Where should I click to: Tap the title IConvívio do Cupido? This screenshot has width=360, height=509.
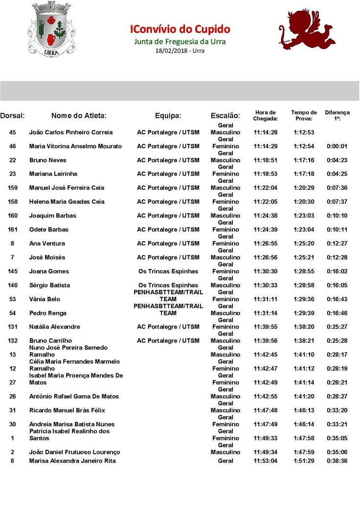coord(180,29)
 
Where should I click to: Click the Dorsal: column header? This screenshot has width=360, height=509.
coord(13,116)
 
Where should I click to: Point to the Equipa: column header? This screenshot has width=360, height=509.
coord(168,116)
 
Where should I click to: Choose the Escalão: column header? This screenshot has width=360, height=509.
coord(225,116)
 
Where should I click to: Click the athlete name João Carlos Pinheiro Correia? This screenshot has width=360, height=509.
coord(71,133)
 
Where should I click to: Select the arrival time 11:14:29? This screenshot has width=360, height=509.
coord(266,146)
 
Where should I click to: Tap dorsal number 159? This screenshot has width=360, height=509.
coord(13,188)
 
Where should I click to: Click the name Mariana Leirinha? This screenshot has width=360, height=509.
coord(53,174)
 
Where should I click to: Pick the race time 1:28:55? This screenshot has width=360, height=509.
coord(304,271)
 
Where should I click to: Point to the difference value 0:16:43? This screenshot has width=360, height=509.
coord(337,299)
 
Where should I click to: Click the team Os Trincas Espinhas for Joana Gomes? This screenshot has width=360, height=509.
coord(168,271)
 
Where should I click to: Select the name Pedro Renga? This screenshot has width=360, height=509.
coord(47,313)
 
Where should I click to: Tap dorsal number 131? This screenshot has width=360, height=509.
coord(13,327)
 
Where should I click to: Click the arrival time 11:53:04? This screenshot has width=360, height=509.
coord(266,461)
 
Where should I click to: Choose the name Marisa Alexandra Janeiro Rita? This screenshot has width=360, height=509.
coord(72,461)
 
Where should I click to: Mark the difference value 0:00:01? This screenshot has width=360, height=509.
coord(337,146)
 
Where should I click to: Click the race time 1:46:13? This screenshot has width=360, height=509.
coord(304,410)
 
